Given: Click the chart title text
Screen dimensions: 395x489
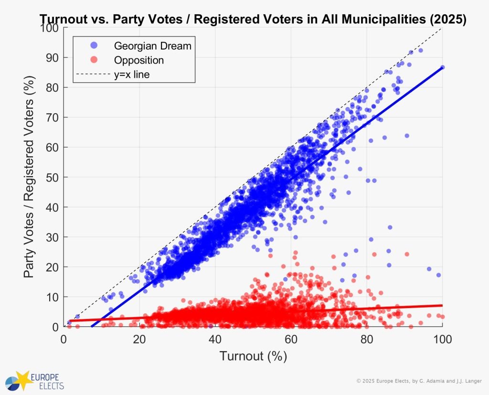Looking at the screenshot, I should coord(253,19).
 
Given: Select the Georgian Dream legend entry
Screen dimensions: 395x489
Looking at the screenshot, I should coord(152,46).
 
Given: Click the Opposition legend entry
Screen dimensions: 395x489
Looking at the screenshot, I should coord(138,60).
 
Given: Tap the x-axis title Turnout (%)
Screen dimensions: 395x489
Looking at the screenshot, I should coord(253,356).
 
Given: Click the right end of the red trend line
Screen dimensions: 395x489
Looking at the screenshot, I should coord(442,305).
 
